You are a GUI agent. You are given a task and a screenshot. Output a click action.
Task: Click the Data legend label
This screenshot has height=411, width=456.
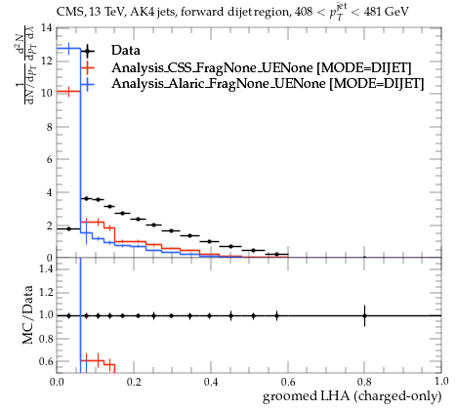[126, 51]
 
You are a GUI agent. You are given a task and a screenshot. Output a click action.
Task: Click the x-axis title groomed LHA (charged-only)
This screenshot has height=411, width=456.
[352, 396]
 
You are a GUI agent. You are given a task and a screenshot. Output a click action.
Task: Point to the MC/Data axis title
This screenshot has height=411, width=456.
[28, 314]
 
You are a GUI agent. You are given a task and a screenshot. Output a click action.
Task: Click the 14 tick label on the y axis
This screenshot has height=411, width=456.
[47, 28]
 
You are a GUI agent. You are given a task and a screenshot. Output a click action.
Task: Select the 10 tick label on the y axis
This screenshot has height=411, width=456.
[47, 94]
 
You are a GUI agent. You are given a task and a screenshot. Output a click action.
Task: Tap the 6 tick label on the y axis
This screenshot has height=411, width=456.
[49, 159]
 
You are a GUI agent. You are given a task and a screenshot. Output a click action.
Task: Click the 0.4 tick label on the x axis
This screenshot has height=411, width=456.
[211, 382]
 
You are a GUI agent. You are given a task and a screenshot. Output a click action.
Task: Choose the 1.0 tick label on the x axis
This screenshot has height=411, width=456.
[441, 382]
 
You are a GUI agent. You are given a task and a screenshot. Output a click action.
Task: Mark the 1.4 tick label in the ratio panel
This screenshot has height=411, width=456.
[46, 268]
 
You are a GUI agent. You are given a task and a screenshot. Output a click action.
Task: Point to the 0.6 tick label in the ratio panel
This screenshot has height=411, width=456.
[46, 361]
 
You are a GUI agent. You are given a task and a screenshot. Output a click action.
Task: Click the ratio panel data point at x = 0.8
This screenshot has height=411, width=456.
[364, 315]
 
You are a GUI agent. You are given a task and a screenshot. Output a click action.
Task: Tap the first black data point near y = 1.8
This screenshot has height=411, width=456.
[68, 228]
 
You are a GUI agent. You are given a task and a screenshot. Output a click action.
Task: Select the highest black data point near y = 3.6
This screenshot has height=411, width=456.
[86, 198]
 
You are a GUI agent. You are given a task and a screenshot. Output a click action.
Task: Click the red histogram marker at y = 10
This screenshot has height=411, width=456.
[68, 92]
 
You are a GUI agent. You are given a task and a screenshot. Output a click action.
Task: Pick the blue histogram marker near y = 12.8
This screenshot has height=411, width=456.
[68, 49]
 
